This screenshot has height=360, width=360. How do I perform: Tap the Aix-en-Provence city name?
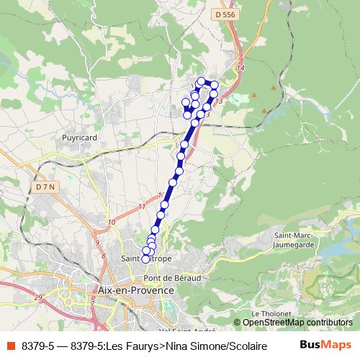(135, 289)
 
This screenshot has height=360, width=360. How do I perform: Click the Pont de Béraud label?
(171, 277)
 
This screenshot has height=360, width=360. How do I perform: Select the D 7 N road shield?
(45, 186)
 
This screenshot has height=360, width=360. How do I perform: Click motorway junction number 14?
(240, 68)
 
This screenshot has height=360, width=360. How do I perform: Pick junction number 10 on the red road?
(111, 222)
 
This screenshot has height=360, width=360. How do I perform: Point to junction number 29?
(38, 297)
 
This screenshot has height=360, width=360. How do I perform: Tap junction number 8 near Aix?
(104, 256)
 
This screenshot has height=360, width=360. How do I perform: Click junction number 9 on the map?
(98, 243)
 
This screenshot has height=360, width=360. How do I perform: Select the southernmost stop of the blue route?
(145, 258)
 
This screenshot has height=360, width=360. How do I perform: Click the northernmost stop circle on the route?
(202, 81)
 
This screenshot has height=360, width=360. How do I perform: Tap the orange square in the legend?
(9, 346)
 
